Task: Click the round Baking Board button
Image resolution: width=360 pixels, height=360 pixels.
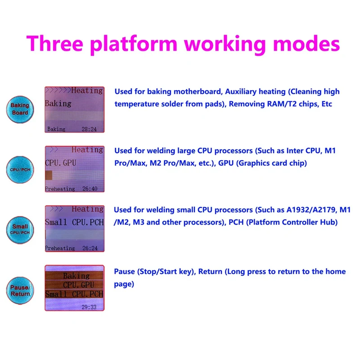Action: (x=20, y=109)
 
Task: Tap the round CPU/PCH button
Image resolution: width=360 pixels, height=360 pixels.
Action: (x=20, y=170)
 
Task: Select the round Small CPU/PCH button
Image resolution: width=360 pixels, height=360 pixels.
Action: (x=20, y=229)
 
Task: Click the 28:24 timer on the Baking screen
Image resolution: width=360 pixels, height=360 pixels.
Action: (x=89, y=129)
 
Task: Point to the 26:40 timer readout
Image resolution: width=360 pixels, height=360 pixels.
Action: (x=90, y=189)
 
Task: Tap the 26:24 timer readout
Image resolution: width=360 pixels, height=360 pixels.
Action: (x=90, y=248)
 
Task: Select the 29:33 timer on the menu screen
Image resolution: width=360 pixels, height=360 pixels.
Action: (x=89, y=307)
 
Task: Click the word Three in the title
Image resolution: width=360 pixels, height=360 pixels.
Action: (x=54, y=43)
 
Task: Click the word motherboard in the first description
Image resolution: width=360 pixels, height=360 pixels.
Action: (x=198, y=92)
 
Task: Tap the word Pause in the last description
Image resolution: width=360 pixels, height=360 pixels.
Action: (x=125, y=271)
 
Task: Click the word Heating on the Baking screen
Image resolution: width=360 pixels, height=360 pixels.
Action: (x=87, y=90)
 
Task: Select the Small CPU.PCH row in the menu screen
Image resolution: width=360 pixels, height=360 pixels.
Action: (x=74, y=294)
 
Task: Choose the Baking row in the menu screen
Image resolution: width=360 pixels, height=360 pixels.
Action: (x=74, y=275)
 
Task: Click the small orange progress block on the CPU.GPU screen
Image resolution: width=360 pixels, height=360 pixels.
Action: (x=49, y=175)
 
